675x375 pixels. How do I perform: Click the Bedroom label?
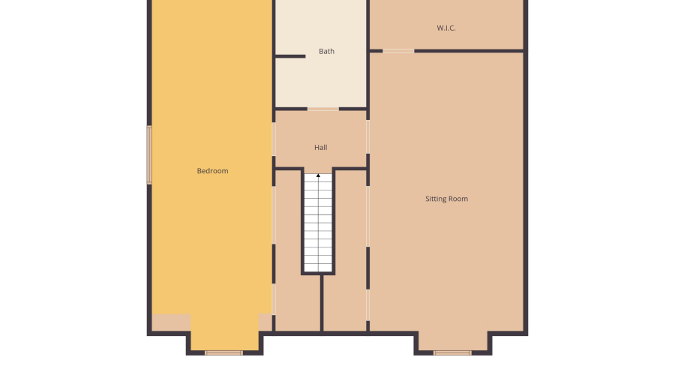tap(212, 171)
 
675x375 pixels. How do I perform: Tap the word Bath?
tap(326, 52)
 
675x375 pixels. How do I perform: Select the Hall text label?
tap(320, 148)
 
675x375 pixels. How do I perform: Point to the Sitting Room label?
tap(446, 199)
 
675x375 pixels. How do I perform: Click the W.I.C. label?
tap(446, 28)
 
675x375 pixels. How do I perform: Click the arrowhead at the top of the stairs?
tap(318, 175)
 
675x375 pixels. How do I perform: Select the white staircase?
tap(318, 225)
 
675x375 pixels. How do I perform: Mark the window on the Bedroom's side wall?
tap(149, 154)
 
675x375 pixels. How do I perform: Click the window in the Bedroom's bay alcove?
tap(223, 352)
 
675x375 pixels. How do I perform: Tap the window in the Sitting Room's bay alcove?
tap(452, 352)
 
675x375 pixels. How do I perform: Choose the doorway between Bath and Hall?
tap(323, 109)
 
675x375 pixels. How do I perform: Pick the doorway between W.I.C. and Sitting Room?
tap(398, 51)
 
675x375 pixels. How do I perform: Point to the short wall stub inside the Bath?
tap(290, 56)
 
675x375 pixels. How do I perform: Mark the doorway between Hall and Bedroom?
tap(274, 139)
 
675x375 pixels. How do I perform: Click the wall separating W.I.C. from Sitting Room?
tap(469, 51)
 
